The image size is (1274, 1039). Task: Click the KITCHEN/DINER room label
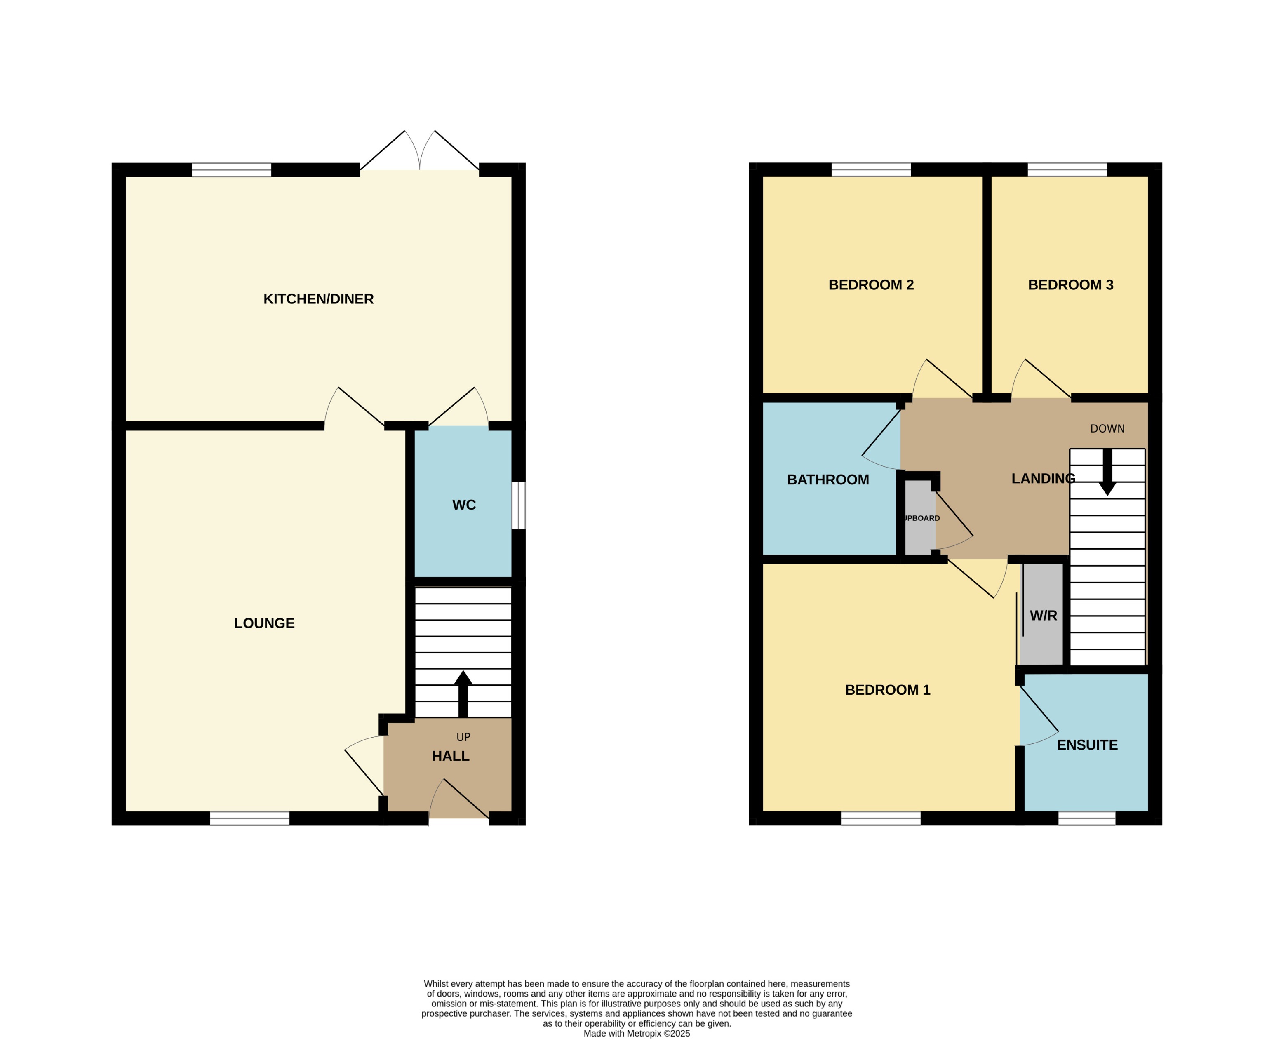318,299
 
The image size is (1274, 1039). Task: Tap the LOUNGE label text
264,623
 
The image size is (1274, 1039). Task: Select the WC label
464,505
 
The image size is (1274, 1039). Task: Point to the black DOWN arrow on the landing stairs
1107,473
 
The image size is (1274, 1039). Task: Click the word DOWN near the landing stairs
1107,428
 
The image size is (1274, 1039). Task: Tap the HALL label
451,756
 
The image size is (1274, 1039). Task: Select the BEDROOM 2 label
871,285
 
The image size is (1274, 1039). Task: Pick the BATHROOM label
827,480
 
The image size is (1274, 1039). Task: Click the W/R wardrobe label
1043,615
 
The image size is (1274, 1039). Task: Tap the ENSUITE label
1087,745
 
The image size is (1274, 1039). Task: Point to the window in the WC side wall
518,506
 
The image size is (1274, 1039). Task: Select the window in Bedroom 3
1067,169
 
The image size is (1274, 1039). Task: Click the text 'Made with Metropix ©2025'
637,1033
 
